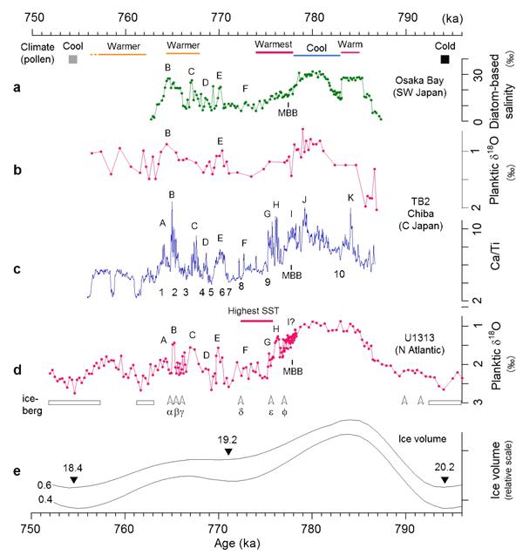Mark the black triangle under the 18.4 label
click(x=74, y=480)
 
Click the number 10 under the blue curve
click(x=341, y=274)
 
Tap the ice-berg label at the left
click(x=30, y=402)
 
